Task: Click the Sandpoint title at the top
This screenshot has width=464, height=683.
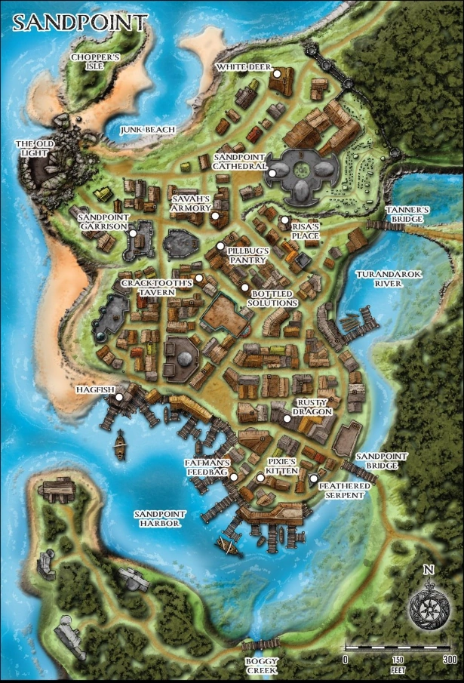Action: tap(78, 23)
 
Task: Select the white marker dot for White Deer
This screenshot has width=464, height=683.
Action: tap(277, 73)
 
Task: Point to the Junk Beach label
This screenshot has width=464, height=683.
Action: tap(148, 130)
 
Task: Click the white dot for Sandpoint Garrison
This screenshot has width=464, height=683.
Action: tap(132, 234)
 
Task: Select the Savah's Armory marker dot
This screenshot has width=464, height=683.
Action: tap(215, 217)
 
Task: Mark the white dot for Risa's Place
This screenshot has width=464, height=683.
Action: tap(284, 220)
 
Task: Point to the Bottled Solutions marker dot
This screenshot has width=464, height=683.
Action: tap(244, 288)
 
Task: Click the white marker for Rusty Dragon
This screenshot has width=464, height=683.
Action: tap(287, 418)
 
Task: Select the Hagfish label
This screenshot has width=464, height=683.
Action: tap(94, 389)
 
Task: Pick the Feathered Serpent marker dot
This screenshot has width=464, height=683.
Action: tap(313, 478)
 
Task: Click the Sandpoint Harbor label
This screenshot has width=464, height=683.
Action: tap(157, 518)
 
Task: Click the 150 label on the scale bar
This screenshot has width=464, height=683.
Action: tap(398, 659)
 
